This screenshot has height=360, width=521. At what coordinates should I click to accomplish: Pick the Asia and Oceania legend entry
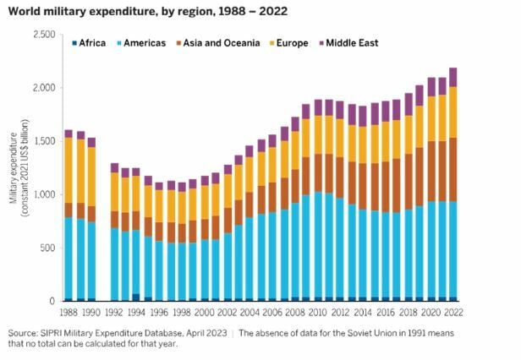click(217, 43)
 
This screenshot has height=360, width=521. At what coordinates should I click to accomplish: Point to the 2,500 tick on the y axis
click(42, 34)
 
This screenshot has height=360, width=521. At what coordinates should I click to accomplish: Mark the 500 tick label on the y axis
click(47, 248)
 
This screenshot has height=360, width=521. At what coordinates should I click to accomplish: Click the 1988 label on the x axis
click(69, 313)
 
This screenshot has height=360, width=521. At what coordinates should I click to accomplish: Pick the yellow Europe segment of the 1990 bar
click(92, 177)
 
